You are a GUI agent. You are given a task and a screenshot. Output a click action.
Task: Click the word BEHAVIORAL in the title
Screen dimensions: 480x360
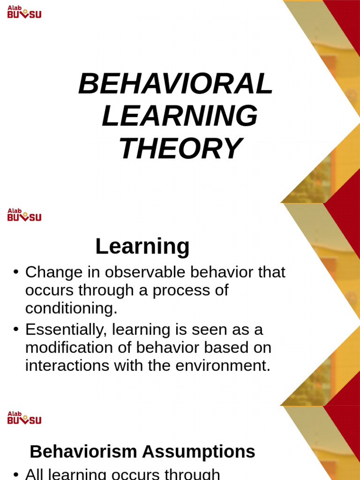[x=175, y=84]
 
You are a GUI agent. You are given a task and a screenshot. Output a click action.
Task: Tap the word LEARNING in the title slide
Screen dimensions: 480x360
[x=180, y=116]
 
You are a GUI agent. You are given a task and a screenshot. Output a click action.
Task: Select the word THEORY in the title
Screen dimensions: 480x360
[x=180, y=149]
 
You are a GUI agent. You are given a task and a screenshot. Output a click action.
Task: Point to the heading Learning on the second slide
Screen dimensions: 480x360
[x=142, y=247]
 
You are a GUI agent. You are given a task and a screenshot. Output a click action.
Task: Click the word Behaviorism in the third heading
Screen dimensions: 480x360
[x=83, y=452]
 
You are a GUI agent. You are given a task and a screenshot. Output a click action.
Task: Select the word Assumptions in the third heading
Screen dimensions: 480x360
[x=199, y=452]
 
